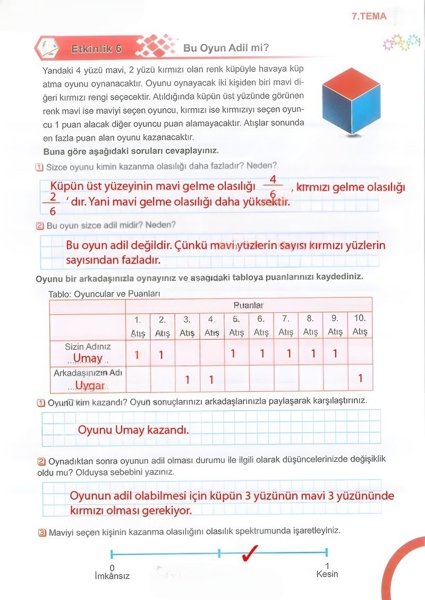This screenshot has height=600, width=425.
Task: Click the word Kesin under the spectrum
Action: point(327,574)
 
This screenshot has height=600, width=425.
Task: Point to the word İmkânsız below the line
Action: point(112,576)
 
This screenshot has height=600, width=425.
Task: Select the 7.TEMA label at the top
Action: point(369,16)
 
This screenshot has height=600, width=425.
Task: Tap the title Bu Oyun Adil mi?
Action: point(226,48)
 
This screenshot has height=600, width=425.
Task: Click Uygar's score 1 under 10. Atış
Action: point(360,379)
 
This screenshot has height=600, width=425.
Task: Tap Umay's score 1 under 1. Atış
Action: point(137,354)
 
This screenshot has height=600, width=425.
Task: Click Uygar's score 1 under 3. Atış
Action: point(187,380)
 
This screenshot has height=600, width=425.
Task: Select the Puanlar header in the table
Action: point(249,305)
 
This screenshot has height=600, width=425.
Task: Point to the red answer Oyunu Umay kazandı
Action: point(133,429)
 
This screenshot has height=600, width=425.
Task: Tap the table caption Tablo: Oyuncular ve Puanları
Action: point(104,294)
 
